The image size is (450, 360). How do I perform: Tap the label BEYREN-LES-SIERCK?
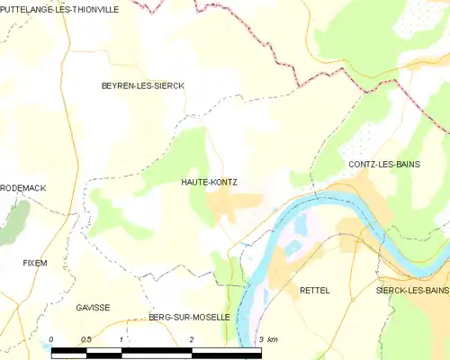pyautogui.click(x=142, y=85)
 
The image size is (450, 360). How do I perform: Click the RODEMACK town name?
pyautogui.click(x=23, y=187)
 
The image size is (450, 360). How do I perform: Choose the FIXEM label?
pyautogui.click(x=35, y=263)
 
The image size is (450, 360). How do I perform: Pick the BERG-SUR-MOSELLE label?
pyautogui.click(x=189, y=318)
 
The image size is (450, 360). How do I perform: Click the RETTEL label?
pyautogui.click(x=315, y=290)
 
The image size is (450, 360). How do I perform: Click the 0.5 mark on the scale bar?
pyautogui.click(x=86, y=339)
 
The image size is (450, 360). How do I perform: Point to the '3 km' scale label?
pyautogui.click(x=267, y=339)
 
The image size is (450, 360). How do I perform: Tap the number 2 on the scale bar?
pyautogui.click(x=192, y=339)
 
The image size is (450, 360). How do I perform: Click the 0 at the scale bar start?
pyautogui.click(x=52, y=339)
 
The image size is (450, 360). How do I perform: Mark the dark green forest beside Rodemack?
pyautogui.click(x=13, y=220)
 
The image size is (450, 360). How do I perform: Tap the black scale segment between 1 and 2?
pyautogui.click(x=157, y=351)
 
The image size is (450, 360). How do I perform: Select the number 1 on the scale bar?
pyautogui.click(x=121, y=339)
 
